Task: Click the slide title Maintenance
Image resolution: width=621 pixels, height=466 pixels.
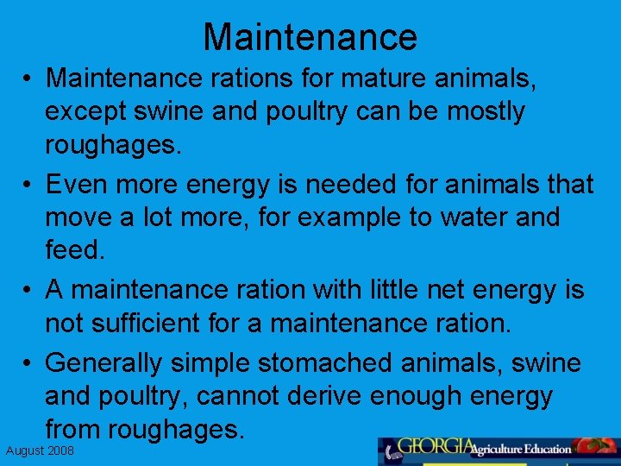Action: (310, 37)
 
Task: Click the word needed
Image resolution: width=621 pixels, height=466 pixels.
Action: (318, 184)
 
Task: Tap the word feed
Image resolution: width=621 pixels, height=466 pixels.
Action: (75, 251)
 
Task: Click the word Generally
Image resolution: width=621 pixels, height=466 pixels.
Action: (103, 362)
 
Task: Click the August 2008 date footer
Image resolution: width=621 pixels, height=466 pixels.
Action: (41, 451)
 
